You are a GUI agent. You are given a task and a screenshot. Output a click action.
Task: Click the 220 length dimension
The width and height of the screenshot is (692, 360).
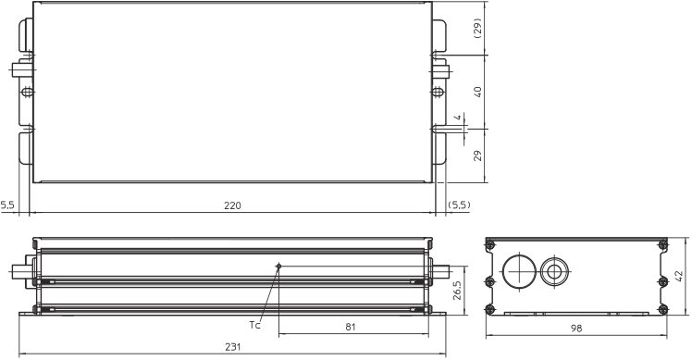point(232,205)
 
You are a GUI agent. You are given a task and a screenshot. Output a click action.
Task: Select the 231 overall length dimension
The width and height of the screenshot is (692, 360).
point(232,347)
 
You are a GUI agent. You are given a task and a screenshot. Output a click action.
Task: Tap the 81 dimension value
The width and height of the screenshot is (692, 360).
point(350,327)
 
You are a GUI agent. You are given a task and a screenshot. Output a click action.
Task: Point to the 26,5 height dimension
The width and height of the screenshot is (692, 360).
point(456,291)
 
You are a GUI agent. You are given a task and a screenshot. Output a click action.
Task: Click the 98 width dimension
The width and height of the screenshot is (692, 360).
point(576,329)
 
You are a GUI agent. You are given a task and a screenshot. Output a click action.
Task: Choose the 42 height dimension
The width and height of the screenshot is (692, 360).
point(679,276)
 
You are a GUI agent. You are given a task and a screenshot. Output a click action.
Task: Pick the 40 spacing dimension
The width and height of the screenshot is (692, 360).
point(477,92)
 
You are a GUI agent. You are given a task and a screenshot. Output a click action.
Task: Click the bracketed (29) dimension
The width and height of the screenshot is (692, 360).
point(477,29)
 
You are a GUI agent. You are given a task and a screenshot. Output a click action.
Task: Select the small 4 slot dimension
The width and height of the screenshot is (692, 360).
point(458,118)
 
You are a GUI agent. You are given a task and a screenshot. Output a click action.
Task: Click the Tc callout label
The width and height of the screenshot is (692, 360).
point(254,325)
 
